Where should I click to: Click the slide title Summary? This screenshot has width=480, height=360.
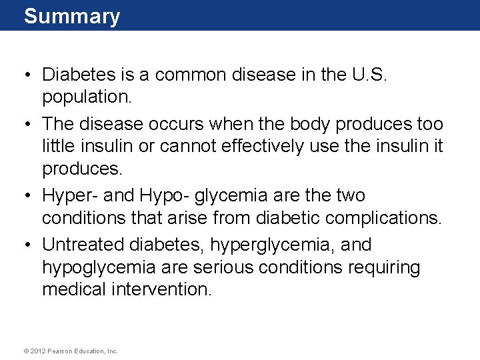[72, 16]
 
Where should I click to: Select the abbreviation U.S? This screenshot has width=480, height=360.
[367, 74]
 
